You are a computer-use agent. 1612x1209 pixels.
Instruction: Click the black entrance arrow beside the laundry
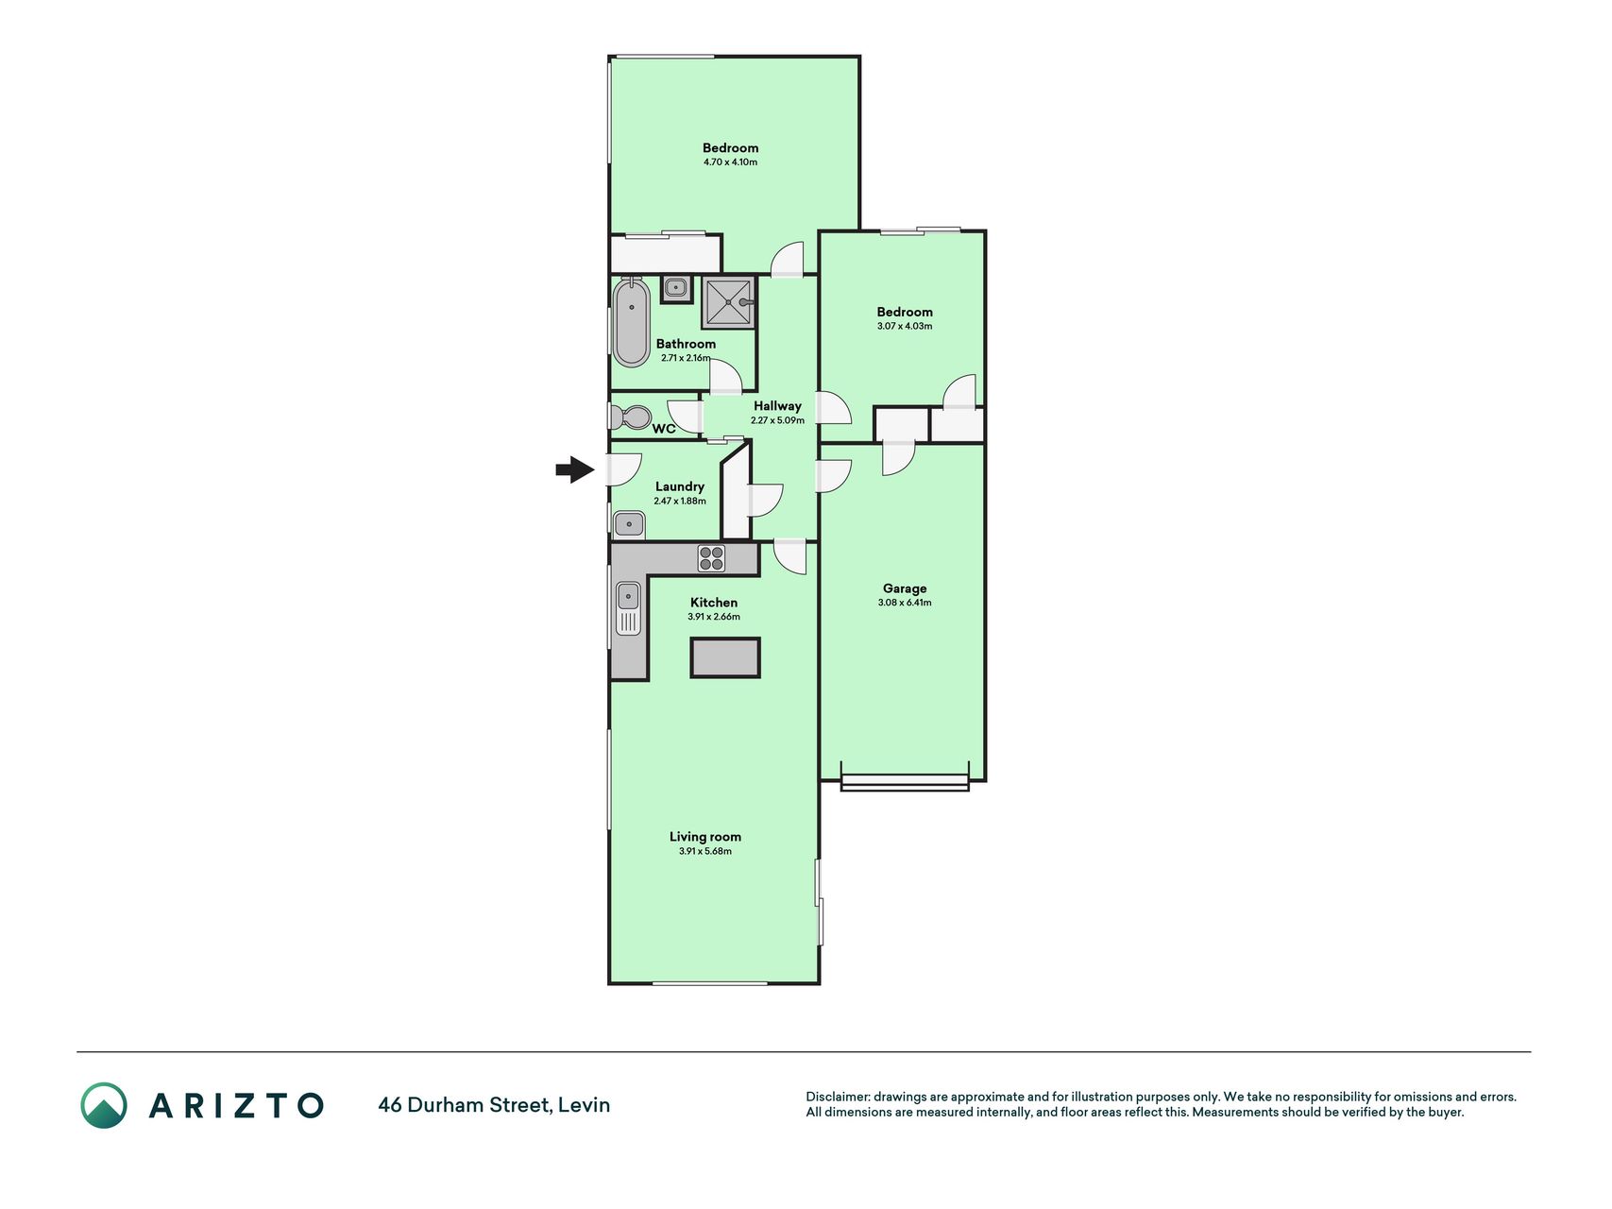pos(574,469)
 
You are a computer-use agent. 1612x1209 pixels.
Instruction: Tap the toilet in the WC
pos(631,417)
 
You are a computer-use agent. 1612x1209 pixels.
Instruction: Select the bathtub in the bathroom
pos(631,322)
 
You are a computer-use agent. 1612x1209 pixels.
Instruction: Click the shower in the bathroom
pos(729,302)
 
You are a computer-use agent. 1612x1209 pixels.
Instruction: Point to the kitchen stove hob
pos(711,558)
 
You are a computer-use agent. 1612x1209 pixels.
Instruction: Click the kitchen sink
pos(628,607)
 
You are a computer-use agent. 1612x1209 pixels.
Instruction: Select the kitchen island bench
pos(725,657)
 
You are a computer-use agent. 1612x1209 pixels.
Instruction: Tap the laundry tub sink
pos(629,524)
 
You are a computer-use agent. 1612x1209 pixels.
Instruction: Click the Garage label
pos(905,588)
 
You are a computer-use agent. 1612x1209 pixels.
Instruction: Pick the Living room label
pos(705,837)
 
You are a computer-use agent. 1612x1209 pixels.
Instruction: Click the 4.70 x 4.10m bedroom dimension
pos(730,162)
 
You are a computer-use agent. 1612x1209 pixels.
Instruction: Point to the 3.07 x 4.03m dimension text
pos(905,327)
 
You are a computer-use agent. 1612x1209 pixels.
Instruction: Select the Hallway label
pos(777,406)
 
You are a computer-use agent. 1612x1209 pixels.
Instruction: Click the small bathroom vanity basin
pos(675,289)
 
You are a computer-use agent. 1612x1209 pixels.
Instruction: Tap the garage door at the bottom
pos(905,782)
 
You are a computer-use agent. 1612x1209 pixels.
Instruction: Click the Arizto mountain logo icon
pos(104,1105)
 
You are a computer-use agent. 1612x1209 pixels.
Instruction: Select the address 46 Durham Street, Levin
pos(494,1105)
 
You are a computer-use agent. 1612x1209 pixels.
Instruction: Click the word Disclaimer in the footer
pos(837,1098)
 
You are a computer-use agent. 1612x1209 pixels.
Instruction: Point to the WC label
pos(664,429)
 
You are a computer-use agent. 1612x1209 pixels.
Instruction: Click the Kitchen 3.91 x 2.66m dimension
pos(714,617)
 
